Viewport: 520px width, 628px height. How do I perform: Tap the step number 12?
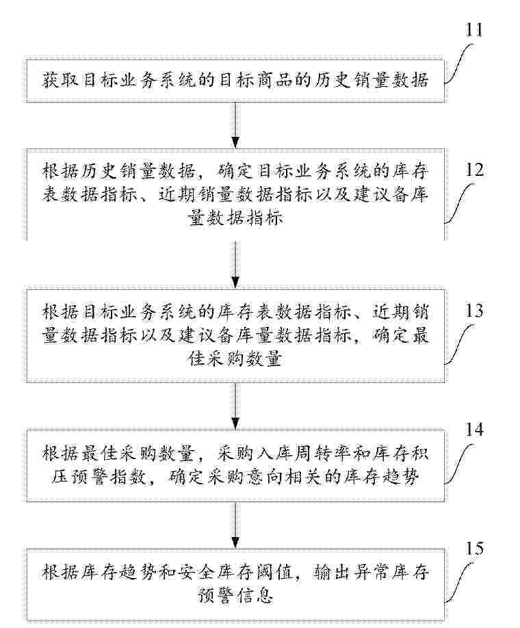point(474,170)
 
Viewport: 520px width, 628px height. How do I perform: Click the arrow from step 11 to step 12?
point(235,124)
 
